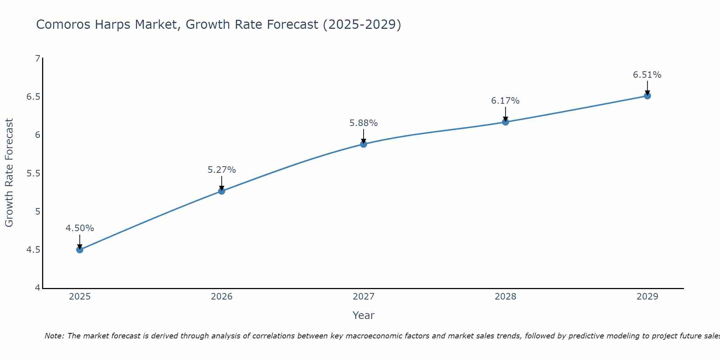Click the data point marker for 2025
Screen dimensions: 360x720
[80, 249]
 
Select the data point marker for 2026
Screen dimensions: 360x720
[222, 191]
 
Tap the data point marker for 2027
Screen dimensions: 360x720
[364, 144]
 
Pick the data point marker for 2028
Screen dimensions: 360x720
[505, 122]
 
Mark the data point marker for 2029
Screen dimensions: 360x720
[647, 96]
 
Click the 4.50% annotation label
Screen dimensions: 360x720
[80, 228]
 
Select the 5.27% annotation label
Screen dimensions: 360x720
[222, 170]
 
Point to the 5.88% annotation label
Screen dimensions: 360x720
[364, 123]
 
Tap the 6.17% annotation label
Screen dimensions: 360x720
[505, 101]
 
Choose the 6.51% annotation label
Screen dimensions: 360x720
[647, 75]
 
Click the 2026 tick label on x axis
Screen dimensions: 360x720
[222, 297]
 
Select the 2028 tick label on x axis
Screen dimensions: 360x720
[505, 297]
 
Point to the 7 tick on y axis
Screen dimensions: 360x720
[37, 58]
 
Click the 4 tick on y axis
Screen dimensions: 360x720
[37, 288]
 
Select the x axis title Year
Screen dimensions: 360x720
[364, 315]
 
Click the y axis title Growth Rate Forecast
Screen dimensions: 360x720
[9, 173]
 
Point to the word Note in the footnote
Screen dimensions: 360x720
[54, 336]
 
